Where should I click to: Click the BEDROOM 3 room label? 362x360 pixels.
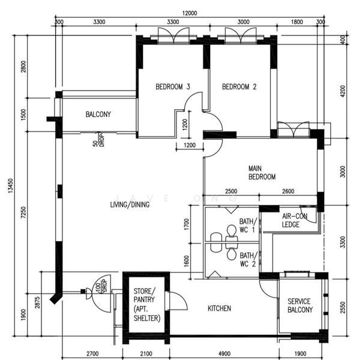[x=173, y=87]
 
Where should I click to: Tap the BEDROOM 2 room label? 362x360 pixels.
[x=239, y=87]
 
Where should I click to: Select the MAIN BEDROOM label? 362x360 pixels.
[x=262, y=173]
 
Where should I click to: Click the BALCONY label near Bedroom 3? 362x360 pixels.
[x=98, y=114]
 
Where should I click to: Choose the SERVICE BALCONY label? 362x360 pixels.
[x=300, y=305]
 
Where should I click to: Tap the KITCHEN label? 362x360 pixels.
[x=219, y=308]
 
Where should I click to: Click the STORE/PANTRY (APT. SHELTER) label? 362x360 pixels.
[x=147, y=305]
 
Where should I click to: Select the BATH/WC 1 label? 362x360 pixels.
[x=247, y=226]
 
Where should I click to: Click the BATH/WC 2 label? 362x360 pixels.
[x=247, y=259]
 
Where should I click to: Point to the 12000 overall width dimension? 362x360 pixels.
[x=190, y=13]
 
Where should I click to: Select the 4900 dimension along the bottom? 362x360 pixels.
[x=224, y=354]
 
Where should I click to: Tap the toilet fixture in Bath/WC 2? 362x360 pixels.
[x=232, y=254]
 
